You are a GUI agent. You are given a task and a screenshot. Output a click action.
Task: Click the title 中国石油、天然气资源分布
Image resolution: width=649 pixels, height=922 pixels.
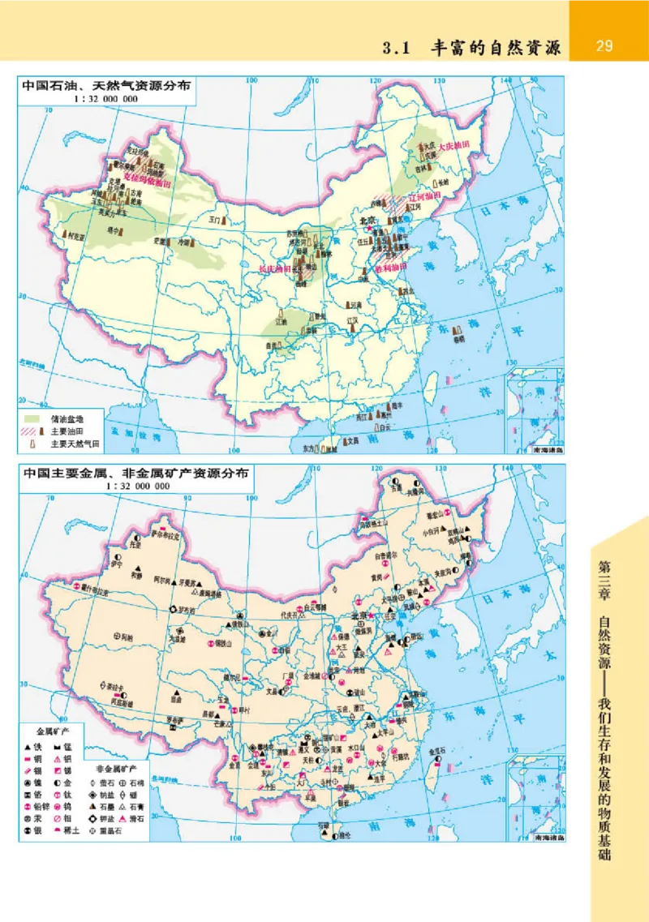(106, 85)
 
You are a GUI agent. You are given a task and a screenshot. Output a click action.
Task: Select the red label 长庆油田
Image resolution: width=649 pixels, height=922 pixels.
(273, 268)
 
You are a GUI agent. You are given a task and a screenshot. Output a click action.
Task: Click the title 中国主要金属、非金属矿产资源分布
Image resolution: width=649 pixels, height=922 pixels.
(135, 473)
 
